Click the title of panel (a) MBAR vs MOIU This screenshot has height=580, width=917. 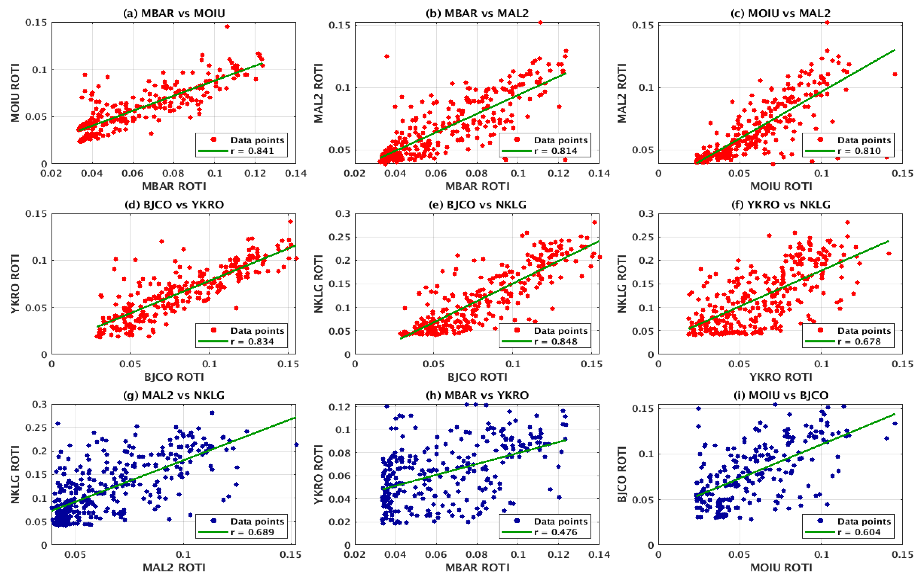pos(174,13)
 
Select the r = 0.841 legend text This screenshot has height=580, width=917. pos(252,151)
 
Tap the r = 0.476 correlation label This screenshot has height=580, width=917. pos(556,532)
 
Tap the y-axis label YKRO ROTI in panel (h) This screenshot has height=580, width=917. pos(318,474)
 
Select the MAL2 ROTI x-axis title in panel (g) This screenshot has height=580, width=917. pos(174,568)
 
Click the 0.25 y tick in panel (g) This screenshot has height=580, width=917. pos(39,428)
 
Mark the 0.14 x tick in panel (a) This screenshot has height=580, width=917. pos(296,174)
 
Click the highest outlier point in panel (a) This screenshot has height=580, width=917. pos(227,27)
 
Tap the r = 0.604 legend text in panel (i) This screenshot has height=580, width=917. pos(859,532)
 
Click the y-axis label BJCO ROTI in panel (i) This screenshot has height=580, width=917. pos(622,474)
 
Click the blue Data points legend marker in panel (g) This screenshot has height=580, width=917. pos(214,521)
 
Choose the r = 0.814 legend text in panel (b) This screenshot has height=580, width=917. pos(556,151)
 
